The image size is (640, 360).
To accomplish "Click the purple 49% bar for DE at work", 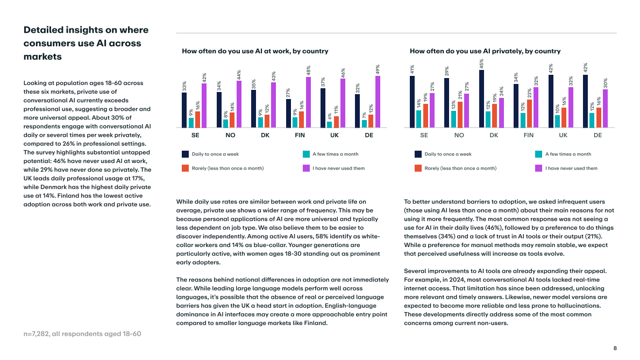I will [378, 102].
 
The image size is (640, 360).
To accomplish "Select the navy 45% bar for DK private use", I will [481, 99].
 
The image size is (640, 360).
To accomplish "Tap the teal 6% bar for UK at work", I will [329, 124].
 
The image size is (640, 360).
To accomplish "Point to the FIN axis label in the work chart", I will [300, 135].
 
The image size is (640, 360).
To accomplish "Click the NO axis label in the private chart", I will [459, 135].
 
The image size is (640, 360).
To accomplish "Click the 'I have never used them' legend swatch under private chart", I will [538, 168].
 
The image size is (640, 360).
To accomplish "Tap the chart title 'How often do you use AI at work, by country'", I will [255, 51].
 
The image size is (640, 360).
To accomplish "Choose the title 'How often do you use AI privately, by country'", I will [485, 51].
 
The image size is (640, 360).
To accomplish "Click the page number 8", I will [615, 348].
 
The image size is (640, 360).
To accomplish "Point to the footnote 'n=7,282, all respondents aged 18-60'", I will [82, 334].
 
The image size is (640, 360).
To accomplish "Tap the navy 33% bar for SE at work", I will [184, 110].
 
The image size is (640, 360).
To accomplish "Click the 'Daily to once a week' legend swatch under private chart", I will [418, 154].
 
